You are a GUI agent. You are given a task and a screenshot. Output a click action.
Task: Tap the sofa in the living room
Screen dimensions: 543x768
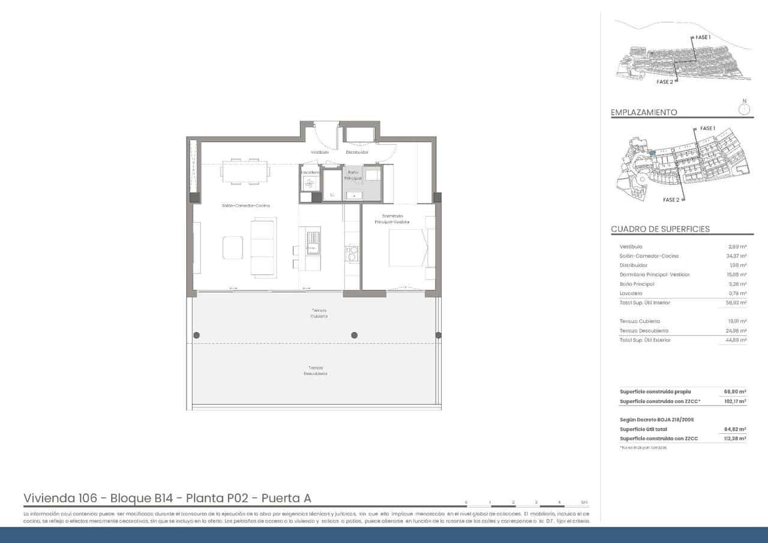pyautogui.click(x=263, y=248)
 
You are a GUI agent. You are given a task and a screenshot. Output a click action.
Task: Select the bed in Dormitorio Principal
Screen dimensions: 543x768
pyautogui.click(x=407, y=248)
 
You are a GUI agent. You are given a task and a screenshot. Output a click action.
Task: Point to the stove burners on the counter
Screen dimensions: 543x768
pyautogui.click(x=352, y=253)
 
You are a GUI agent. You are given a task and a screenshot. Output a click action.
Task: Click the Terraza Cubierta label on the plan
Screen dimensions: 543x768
pyautogui.click(x=319, y=313)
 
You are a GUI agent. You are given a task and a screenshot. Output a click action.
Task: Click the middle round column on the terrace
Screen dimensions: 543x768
pyautogui.click(x=354, y=335)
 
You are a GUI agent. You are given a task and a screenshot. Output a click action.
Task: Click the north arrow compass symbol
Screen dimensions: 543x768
pyautogui.click(x=745, y=109)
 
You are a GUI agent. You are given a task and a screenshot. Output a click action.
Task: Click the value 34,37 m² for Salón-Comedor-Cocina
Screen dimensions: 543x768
pyautogui.click(x=736, y=256)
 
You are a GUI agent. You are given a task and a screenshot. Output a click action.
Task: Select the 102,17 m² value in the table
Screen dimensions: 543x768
pyautogui.click(x=735, y=401)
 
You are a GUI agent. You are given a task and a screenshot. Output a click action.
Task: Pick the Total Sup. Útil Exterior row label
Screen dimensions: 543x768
pyautogui.click(x=645, y=340)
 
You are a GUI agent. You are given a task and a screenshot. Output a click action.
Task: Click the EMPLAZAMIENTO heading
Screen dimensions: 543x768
pyautogui.click(x=644, y=112)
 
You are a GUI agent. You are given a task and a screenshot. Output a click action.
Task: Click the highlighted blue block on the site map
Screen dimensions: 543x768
pyautogui.click(x=652, y=154)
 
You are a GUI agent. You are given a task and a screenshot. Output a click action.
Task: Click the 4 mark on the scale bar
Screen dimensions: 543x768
pyautogui.click(x=559, y=502)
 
